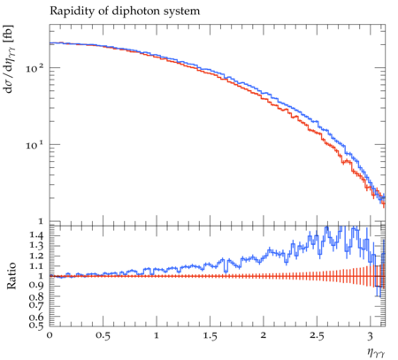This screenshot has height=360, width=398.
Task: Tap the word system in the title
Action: point(187,12)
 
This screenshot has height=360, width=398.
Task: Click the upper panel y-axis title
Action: point(9,59)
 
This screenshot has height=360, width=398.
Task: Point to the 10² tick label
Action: point(34,68)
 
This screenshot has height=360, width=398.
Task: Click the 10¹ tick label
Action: point(34,144)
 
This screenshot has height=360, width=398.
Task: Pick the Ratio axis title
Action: point(11,276)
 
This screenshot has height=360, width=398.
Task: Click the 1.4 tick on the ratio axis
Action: point(36,235)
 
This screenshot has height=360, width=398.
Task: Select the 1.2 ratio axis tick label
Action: point(36,256)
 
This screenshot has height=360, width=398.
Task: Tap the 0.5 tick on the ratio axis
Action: point(36,325)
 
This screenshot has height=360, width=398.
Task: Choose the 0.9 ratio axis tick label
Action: point(36,285)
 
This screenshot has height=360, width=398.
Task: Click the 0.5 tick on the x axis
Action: point(103,336)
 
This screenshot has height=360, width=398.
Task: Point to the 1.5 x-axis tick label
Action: point(210,336)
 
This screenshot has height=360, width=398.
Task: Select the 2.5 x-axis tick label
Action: point(317,336)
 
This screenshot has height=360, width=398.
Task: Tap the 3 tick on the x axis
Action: point(370,336)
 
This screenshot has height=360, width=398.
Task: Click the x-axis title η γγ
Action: point(376,353)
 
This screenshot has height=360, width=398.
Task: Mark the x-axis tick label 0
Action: point(50,335)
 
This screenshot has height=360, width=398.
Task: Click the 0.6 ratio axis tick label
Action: point(36,317)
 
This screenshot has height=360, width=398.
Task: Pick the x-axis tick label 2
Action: point(264,335)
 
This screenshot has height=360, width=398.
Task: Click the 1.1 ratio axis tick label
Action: point(36,266)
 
